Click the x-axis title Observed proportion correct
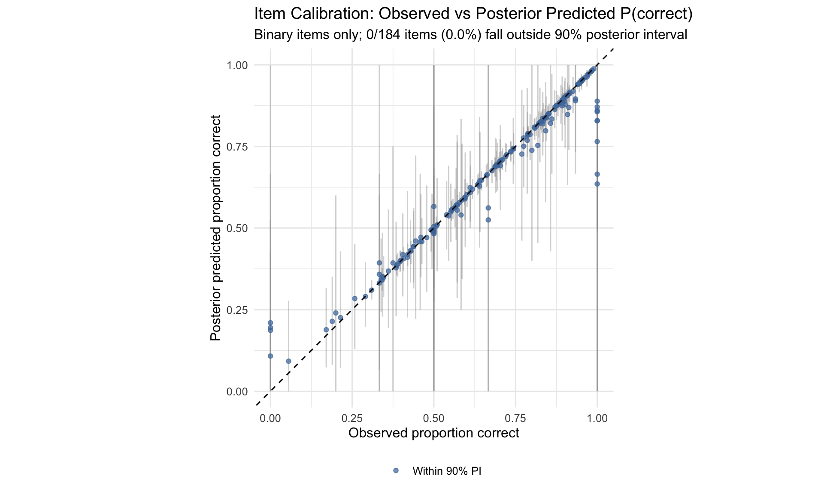coord(433,433)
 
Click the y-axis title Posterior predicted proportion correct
coord(215,228)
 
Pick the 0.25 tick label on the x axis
coord(352,418)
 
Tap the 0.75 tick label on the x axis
coord(515,418)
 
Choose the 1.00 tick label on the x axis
coord(597,418)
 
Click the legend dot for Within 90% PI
coord(396,471)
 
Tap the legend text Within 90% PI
coord(447,471)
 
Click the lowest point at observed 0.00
coord(270,356)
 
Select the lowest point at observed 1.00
coord(597,184)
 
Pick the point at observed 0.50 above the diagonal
coord(433,206)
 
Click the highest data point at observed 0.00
coord(270,322)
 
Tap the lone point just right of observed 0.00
coord(288,361)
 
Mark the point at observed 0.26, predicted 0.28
coord(354,298)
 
